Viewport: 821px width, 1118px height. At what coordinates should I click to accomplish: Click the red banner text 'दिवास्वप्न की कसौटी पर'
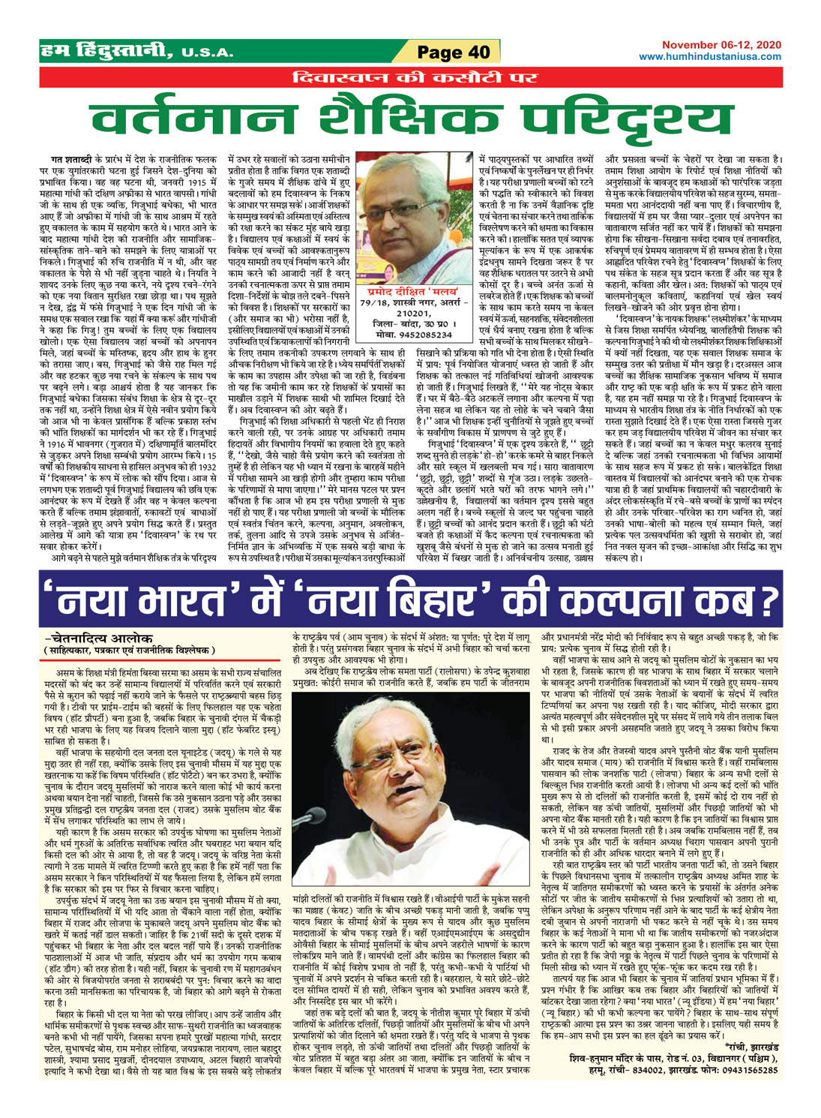point(410,77)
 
